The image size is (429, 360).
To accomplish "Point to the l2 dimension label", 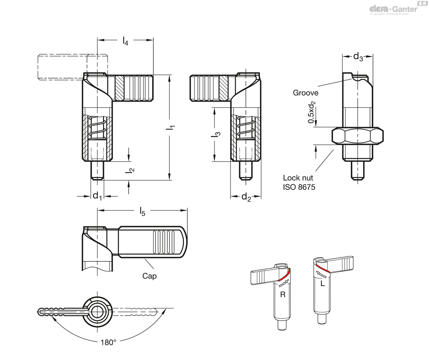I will tap(131, 170).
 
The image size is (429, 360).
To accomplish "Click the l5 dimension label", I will tap(142, 212).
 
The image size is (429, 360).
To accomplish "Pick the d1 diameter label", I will tap(97, 196).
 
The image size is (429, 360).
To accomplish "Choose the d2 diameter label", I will tap(246, 196).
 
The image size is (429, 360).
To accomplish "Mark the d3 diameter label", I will tap(358, 56).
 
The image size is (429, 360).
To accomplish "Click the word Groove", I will tap(305, 93).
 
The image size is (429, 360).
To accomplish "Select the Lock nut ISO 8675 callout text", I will tap(299, 182).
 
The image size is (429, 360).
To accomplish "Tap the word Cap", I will tap(149, 276).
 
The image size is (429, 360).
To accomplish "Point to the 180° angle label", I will tap(108, 342).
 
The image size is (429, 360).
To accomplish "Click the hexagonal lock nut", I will tap(357, 136).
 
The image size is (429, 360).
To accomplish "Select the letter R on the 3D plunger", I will tap(282, 294).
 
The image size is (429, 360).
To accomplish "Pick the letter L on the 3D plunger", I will tap(322, 284).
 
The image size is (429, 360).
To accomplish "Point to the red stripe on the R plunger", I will tap(284, 275).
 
